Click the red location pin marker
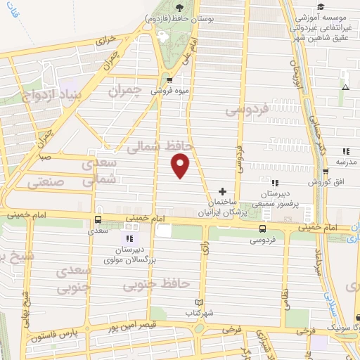181,165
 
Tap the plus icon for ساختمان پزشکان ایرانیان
222,191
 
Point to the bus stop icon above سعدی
98,218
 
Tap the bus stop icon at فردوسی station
262,229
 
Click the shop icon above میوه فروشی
169,79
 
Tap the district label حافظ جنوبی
156,283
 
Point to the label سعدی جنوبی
73,278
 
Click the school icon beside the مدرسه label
345,151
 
